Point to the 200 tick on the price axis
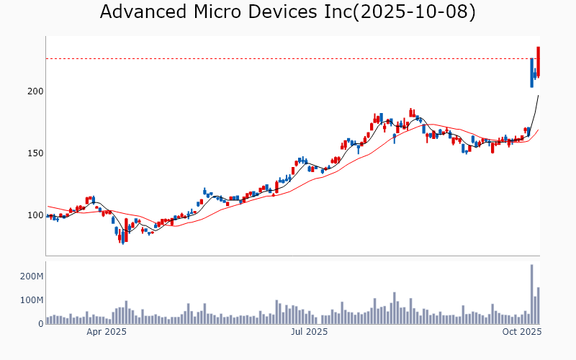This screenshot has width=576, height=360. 35,91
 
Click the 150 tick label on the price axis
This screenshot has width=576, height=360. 35,153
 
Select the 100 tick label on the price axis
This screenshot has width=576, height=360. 35,215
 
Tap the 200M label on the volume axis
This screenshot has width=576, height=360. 31,276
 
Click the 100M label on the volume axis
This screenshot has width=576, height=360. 31,300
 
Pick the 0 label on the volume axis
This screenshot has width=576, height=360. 40,323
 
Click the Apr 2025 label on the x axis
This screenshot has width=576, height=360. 107,332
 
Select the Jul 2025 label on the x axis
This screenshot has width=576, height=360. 309,332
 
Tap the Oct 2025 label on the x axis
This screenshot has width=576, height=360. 521,332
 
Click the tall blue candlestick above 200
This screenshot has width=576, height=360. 531,73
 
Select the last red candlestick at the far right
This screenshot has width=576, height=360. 539,62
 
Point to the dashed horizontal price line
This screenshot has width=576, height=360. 288,58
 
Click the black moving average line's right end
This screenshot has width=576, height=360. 538,96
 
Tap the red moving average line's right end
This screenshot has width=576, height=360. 538,130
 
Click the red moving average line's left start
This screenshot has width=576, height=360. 48,207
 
